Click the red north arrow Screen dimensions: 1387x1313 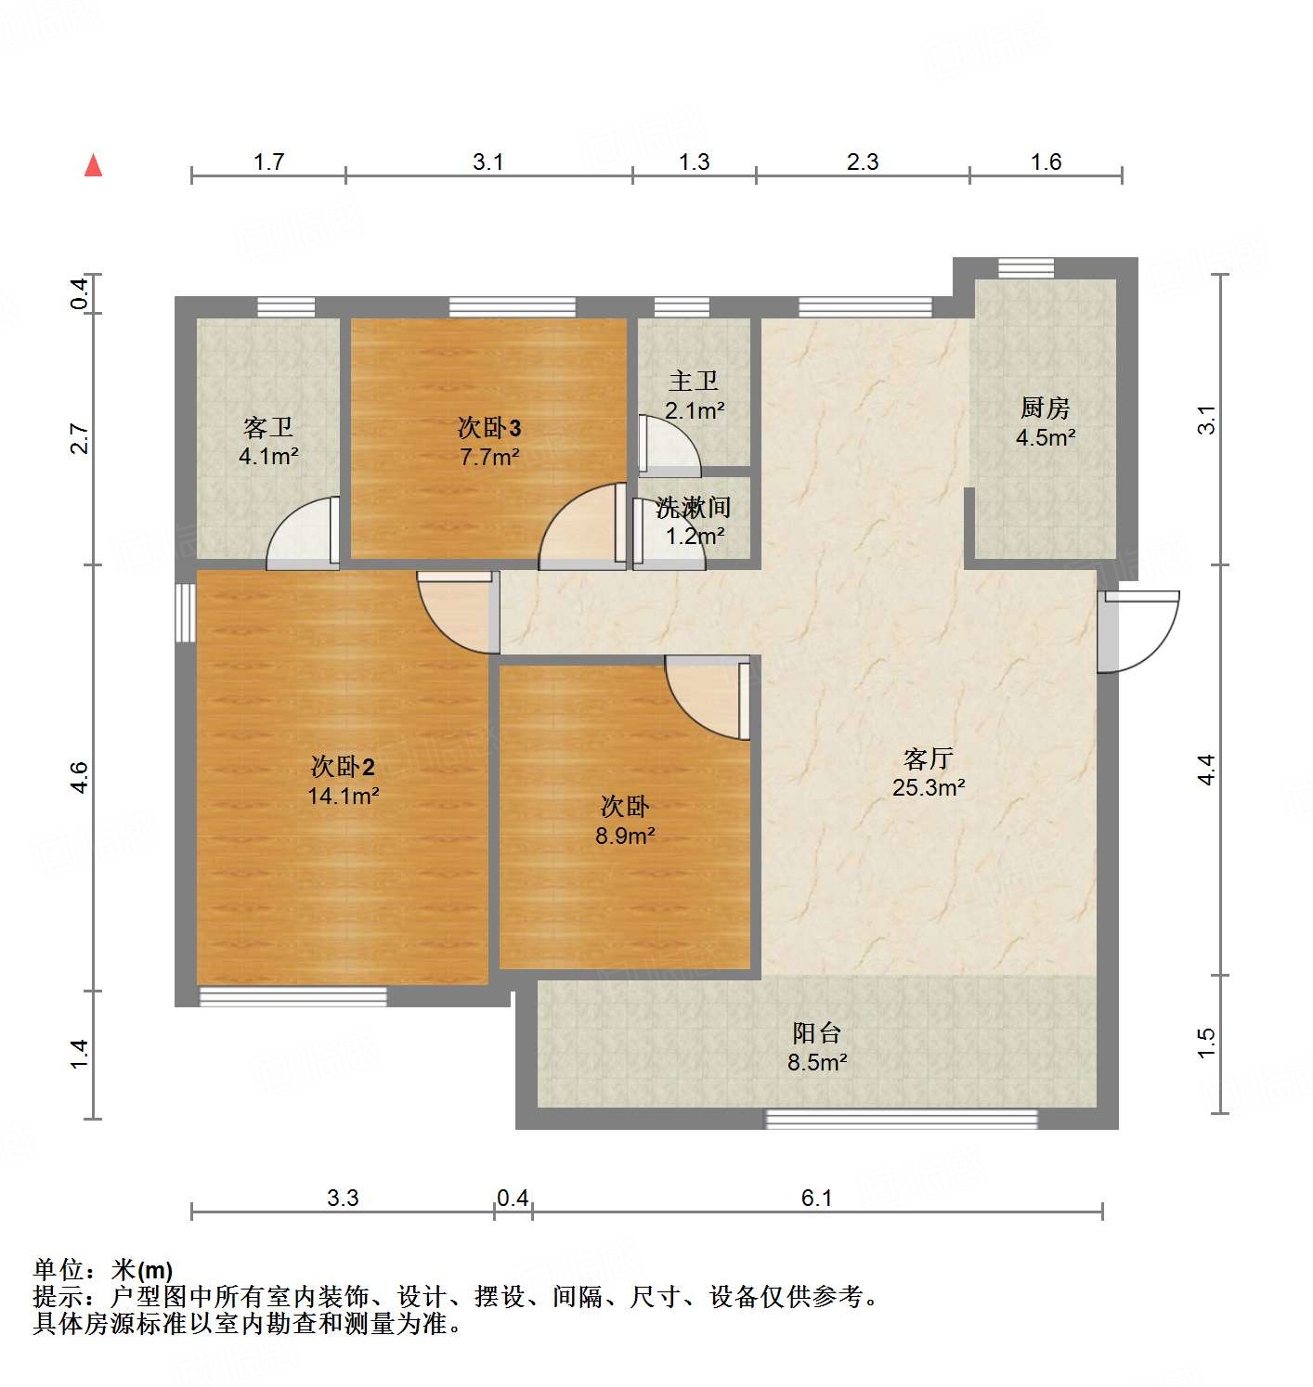pos(93,165)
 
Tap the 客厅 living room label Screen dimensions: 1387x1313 pos(928,758)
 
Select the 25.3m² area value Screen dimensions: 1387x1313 pos(928,788)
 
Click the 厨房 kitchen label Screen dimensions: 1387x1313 pos(1045,407)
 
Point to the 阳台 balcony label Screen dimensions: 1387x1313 pos(817,1032)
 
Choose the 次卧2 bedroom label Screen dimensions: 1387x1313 pos(343,767)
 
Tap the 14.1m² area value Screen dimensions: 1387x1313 pos(343,796)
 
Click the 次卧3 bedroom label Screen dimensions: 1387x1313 pos(488,427)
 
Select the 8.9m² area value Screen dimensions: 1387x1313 pos(625,836)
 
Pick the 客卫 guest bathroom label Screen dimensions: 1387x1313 pos(267,427)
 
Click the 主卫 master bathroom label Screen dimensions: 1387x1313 pos(694,381)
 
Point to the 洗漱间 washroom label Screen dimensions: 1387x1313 pos(693,507)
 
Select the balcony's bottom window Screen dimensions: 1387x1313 pos(900,1120)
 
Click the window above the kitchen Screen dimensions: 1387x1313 pos(1026,268)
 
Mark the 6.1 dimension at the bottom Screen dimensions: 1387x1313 pos(816,1198)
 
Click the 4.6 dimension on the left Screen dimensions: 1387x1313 pos(79,776)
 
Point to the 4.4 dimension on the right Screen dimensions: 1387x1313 pos(1205,769)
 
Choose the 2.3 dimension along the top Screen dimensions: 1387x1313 pos(862,162)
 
